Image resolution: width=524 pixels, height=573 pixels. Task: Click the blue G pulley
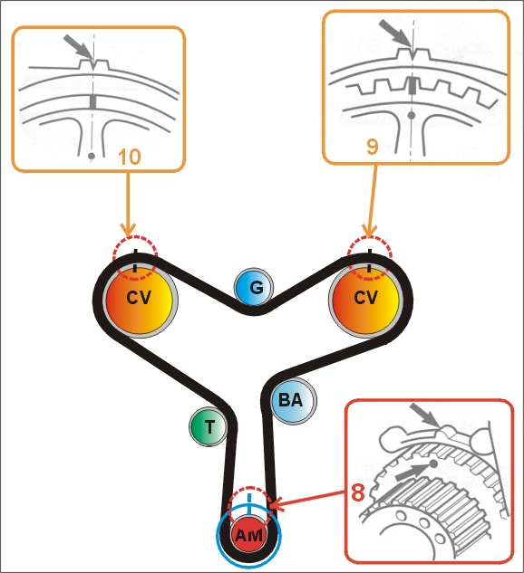click(254, 287)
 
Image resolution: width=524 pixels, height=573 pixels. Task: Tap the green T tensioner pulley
click(208, 426)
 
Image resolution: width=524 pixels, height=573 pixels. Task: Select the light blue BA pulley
click(293, 400)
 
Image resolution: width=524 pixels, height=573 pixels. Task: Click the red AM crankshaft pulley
click(248, 535)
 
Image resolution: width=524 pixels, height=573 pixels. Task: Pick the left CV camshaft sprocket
click(141, 298)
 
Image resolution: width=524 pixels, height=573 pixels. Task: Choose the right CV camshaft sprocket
click(366, 299)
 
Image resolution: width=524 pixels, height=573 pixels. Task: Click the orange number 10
click(129, 157)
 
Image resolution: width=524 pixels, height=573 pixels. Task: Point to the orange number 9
click(372, 147)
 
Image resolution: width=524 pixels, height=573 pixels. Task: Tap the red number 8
click(358, 492)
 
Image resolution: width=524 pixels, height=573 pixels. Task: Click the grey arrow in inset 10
click(79, 47)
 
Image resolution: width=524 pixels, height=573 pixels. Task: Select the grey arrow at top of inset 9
click(395, 33)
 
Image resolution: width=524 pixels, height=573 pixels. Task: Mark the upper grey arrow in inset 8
click(425, 415)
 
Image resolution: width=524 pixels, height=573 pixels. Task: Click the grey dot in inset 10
click(92, 156)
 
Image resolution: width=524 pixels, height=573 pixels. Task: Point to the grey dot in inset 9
click(412, 116)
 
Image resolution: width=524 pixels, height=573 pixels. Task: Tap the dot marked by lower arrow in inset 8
click(432, 464)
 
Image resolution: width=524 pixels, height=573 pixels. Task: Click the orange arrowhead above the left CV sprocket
click(128, 230)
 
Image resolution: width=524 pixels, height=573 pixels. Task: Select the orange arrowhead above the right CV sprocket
click(370, 231)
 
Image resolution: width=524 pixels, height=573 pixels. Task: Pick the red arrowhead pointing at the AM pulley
click(277, 505)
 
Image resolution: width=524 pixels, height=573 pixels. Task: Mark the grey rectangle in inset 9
click(412, 84)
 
